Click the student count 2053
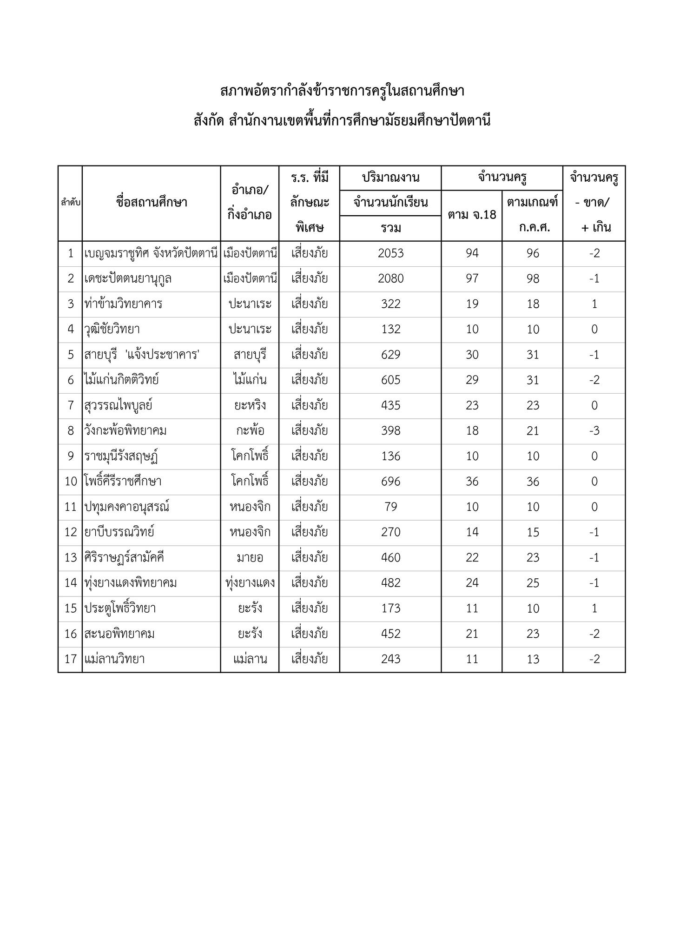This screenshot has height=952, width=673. (390, 253)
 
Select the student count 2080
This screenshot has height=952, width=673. (390, 278)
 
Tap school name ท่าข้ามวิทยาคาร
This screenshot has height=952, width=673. (123, 304)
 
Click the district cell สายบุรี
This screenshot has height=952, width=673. (250, 355)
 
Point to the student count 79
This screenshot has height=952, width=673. (390, 507)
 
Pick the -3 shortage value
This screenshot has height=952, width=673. (594, 431)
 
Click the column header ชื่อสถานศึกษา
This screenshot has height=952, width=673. (152, 203)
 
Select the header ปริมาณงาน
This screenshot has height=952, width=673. (390, 178)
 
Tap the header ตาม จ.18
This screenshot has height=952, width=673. (472, 215)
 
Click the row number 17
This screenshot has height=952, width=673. (70, 659)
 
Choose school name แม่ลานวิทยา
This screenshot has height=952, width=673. (114, 659)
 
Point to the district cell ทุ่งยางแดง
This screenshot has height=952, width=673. (250, 583)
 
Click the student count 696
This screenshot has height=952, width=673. (390, 482)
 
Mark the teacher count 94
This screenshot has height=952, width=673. (472, 253)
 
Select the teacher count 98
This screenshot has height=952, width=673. (533, 278)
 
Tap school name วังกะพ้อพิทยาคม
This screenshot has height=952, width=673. (125, 431)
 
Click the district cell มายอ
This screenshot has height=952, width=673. (250, 558)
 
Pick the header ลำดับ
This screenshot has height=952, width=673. (70, 203)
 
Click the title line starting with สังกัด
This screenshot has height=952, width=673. (342, 121)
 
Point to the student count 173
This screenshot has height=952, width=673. (390, 608)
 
